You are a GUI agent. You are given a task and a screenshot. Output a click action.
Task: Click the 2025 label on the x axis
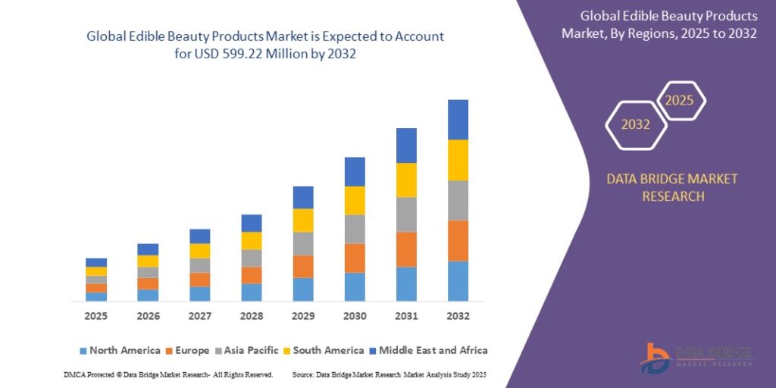click(96, 316)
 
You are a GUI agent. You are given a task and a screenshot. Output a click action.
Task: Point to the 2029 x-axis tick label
click(303, 316)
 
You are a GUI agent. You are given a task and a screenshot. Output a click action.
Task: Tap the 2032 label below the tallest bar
click(458, 316)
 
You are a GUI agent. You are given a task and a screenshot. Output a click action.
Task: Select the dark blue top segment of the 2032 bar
click(458, 120)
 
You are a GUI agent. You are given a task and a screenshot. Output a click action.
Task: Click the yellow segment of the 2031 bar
click(406, 180)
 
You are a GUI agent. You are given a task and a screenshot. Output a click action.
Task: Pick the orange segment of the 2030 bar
click(355, 258)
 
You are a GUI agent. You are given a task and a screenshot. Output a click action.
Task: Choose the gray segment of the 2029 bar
click(303, 243)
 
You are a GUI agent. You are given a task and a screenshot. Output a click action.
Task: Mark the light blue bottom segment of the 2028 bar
click(252, 293)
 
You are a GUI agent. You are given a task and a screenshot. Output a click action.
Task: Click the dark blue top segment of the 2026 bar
click(148, 249)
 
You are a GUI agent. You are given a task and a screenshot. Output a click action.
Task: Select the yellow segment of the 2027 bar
click(200, 251)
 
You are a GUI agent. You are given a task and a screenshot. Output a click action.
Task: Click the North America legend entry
click(120, 350)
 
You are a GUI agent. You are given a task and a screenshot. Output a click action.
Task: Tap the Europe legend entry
click(189, 350)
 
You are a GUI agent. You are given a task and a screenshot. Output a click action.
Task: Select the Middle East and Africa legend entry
click(432, 350)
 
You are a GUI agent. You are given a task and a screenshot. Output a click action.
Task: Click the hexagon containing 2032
click(636, 125)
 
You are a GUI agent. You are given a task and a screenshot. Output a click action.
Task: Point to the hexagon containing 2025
click(680, 101)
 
